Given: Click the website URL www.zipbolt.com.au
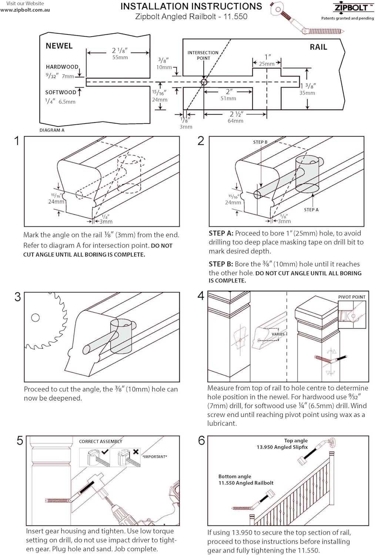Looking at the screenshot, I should pyautogui.click(x=25, y=10).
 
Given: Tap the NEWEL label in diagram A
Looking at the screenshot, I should pyautogui.click(x=59, y=46).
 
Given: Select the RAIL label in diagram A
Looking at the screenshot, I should pyautogui.click(x=318, y=47).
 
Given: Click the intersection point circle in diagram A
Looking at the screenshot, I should pyautogui.click(x=204, y=82).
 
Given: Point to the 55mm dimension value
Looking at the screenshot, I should pyautogui.click(x=120, y=58).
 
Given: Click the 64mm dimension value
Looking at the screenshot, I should pyautogui.click(x=235, y=121).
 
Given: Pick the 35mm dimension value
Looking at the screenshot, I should pyautogui.click(x=307, y=93).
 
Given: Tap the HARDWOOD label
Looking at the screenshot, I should pyautogui.click(x=62, y=67).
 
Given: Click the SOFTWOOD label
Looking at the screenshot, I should pyautogui.click(x=61, y=92).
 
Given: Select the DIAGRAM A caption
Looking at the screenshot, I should pyautogui.click(x=52, y=130).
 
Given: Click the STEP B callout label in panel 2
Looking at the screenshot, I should pyautogui.click(x=260, y=142).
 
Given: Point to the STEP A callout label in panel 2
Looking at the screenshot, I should pyautogui.click(x=311, y=210).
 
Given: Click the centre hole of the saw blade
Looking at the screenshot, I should pyautogui.click(x=35, y=317).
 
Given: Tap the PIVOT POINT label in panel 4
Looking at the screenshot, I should pyautogui.click(x=351, y=297).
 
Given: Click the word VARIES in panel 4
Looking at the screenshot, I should pyautogui.click(x=278, y=334).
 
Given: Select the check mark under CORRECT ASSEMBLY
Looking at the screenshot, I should pyautogui.click(x=105, y=452).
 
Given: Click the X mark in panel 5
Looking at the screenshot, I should pyautogui.click(x=135, y=452).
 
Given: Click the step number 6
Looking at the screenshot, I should pyautogui.click(x=201, y=441).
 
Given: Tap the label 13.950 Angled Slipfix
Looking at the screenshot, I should pyautogui.click(x=282, y=447).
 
